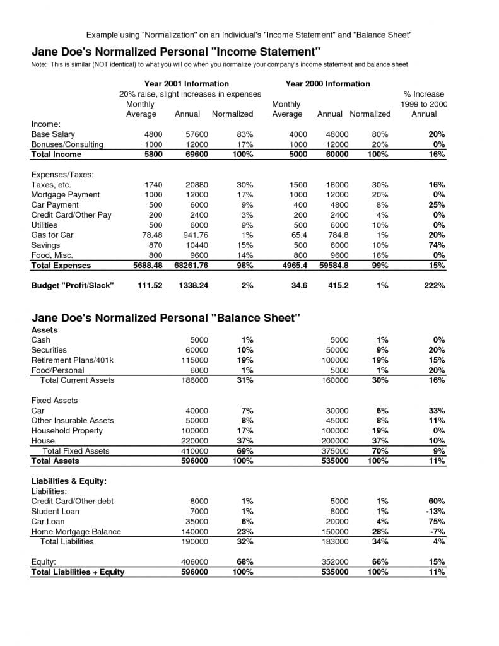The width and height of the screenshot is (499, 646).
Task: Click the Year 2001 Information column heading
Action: pyautogui.click(x=186, y=83)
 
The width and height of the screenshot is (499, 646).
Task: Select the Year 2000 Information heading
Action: pyautogui.click(x=327, y=83)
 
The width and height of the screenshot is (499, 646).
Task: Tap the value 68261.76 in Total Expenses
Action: pyautogui.click(x=191, y=266)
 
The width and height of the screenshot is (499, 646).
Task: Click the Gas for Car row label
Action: pyautogui.click(x=52, y=235)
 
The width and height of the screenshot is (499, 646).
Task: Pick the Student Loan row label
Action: pyautogui.click(x=54, y=512)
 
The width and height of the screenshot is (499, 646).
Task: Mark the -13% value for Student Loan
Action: pyautogui.click(x=435, y=512)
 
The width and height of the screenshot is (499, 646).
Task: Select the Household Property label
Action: pyautogui.click(x=67, y=431)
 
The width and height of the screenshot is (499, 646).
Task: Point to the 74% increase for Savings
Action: pyautogui.click(x=437, y=245)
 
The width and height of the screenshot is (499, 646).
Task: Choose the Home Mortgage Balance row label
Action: pyautogui.click(x=76, y=532)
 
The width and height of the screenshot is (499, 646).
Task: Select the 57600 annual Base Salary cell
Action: pyautogui.click(x=196, y=134)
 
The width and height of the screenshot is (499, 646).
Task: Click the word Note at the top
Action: pyautogui.click(x=40, y=64)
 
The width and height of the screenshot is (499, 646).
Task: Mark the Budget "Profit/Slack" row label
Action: pyautogui.click(x=73, y=286)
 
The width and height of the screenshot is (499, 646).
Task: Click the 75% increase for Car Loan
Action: pyautogui.click(x=437, y=522)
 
